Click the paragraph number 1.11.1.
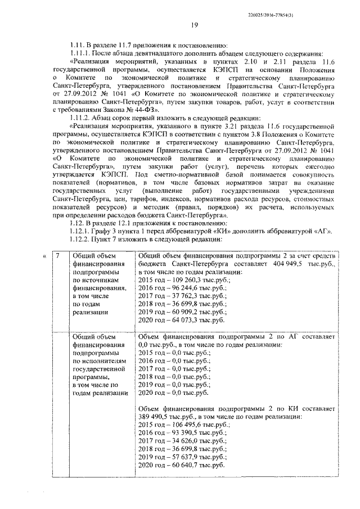tap(79, 53)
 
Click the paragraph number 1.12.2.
tap(79, 240)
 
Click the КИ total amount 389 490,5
tap(156, 418)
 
